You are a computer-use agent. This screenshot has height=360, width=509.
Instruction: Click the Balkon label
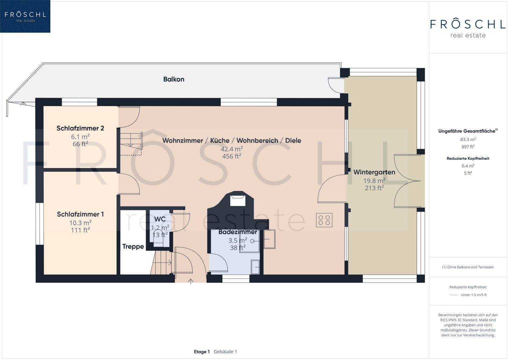174,79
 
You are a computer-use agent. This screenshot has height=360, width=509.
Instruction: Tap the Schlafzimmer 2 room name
80,128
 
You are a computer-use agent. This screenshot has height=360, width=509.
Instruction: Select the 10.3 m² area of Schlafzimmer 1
80,223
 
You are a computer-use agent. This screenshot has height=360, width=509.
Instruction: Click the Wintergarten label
374,173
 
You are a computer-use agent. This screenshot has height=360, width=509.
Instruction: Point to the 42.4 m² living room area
232,149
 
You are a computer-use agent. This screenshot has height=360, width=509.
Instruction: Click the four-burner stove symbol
324,220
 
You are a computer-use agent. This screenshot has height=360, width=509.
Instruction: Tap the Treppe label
133,247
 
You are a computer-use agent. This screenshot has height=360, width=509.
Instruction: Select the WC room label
160,219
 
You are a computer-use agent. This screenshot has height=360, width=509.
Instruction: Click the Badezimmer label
238,232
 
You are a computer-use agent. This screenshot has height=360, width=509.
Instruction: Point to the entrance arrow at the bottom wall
191,282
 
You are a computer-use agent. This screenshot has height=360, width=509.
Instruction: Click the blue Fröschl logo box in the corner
25,16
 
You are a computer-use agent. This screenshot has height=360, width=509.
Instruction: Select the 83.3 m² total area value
468,140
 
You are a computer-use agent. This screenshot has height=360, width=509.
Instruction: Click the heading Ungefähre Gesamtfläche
467,131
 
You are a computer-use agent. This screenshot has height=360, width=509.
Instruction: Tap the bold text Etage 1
202,352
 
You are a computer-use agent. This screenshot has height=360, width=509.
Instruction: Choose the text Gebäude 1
225,352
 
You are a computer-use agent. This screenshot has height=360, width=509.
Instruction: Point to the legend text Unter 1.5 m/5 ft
474,295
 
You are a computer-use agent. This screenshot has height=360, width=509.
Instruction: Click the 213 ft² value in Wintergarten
374,188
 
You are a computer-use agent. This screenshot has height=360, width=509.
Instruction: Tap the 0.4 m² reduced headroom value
468,166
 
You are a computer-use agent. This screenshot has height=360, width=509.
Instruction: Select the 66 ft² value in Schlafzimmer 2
80,144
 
